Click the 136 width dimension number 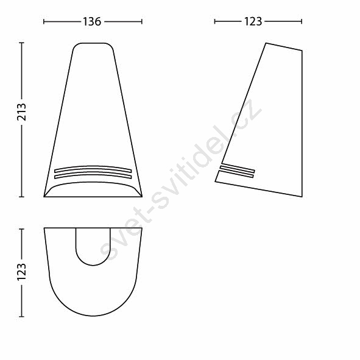(92, 21)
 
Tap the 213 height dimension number (22, 112)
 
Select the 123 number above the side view (253, 21)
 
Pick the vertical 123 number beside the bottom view (22, 272)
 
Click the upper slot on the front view (93, 169)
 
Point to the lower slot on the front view (93, 175)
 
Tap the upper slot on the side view (238, 168)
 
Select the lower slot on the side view (236, 174)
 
